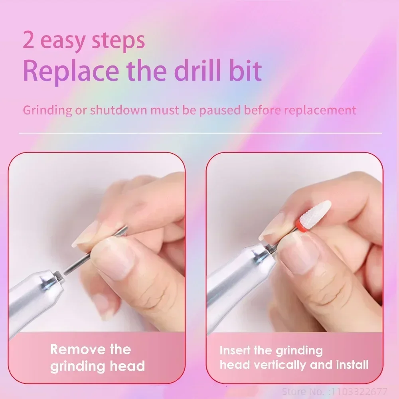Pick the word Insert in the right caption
tap(238, 351)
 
